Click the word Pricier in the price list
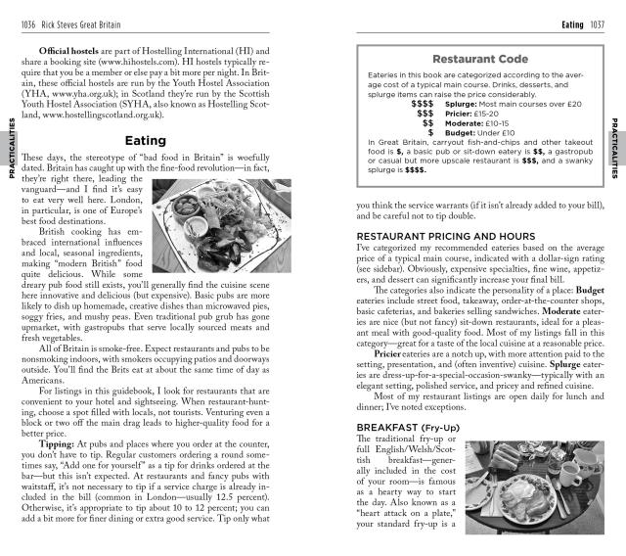[459, 113]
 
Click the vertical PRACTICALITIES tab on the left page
[11, 147]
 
